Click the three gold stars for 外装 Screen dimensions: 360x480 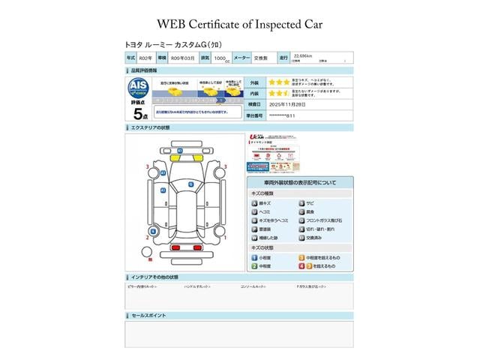click(x=281, y=82)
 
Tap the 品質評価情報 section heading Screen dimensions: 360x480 click(x=145, y=70)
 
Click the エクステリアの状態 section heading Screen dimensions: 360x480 click(x=152, y=128)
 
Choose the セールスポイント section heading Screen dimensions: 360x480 click(x=150, y=316)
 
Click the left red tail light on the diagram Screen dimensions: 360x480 click(x=175, y=247)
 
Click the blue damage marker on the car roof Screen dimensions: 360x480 click(x=190, y=184)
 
